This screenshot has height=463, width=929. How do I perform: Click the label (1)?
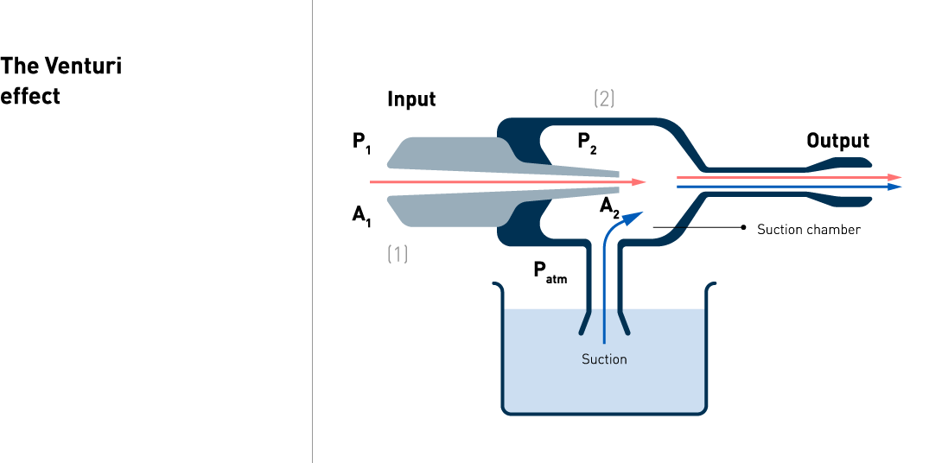click(397, 254)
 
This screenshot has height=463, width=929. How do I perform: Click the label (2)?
click(604, 98)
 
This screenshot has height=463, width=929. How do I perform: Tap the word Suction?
click(604, 359)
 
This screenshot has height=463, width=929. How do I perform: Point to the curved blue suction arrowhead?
click(635, 216)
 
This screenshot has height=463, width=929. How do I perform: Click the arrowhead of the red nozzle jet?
click(639, 182)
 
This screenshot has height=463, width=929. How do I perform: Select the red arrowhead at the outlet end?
click(895, 177)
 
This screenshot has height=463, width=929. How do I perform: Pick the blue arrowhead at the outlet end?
click(895, 186)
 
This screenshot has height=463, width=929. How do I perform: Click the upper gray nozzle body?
click(449, 152)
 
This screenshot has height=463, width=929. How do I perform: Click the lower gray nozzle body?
click(449, 211)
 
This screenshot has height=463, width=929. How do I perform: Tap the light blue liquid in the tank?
click(553, 371)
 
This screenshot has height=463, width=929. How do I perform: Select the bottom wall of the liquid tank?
click(605, 414)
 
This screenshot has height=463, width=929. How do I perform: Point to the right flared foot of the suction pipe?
click(623, 321)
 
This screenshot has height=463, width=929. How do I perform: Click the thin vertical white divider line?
click(312, 231)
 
